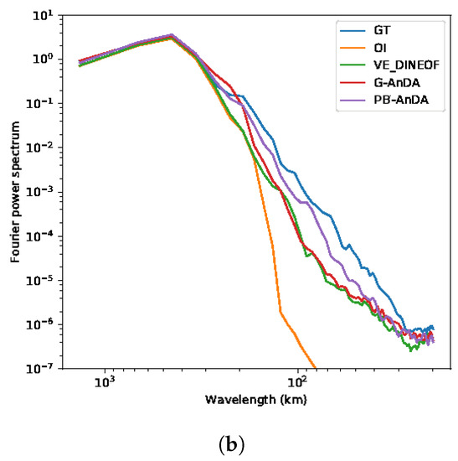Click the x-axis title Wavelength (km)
point(255,400)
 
